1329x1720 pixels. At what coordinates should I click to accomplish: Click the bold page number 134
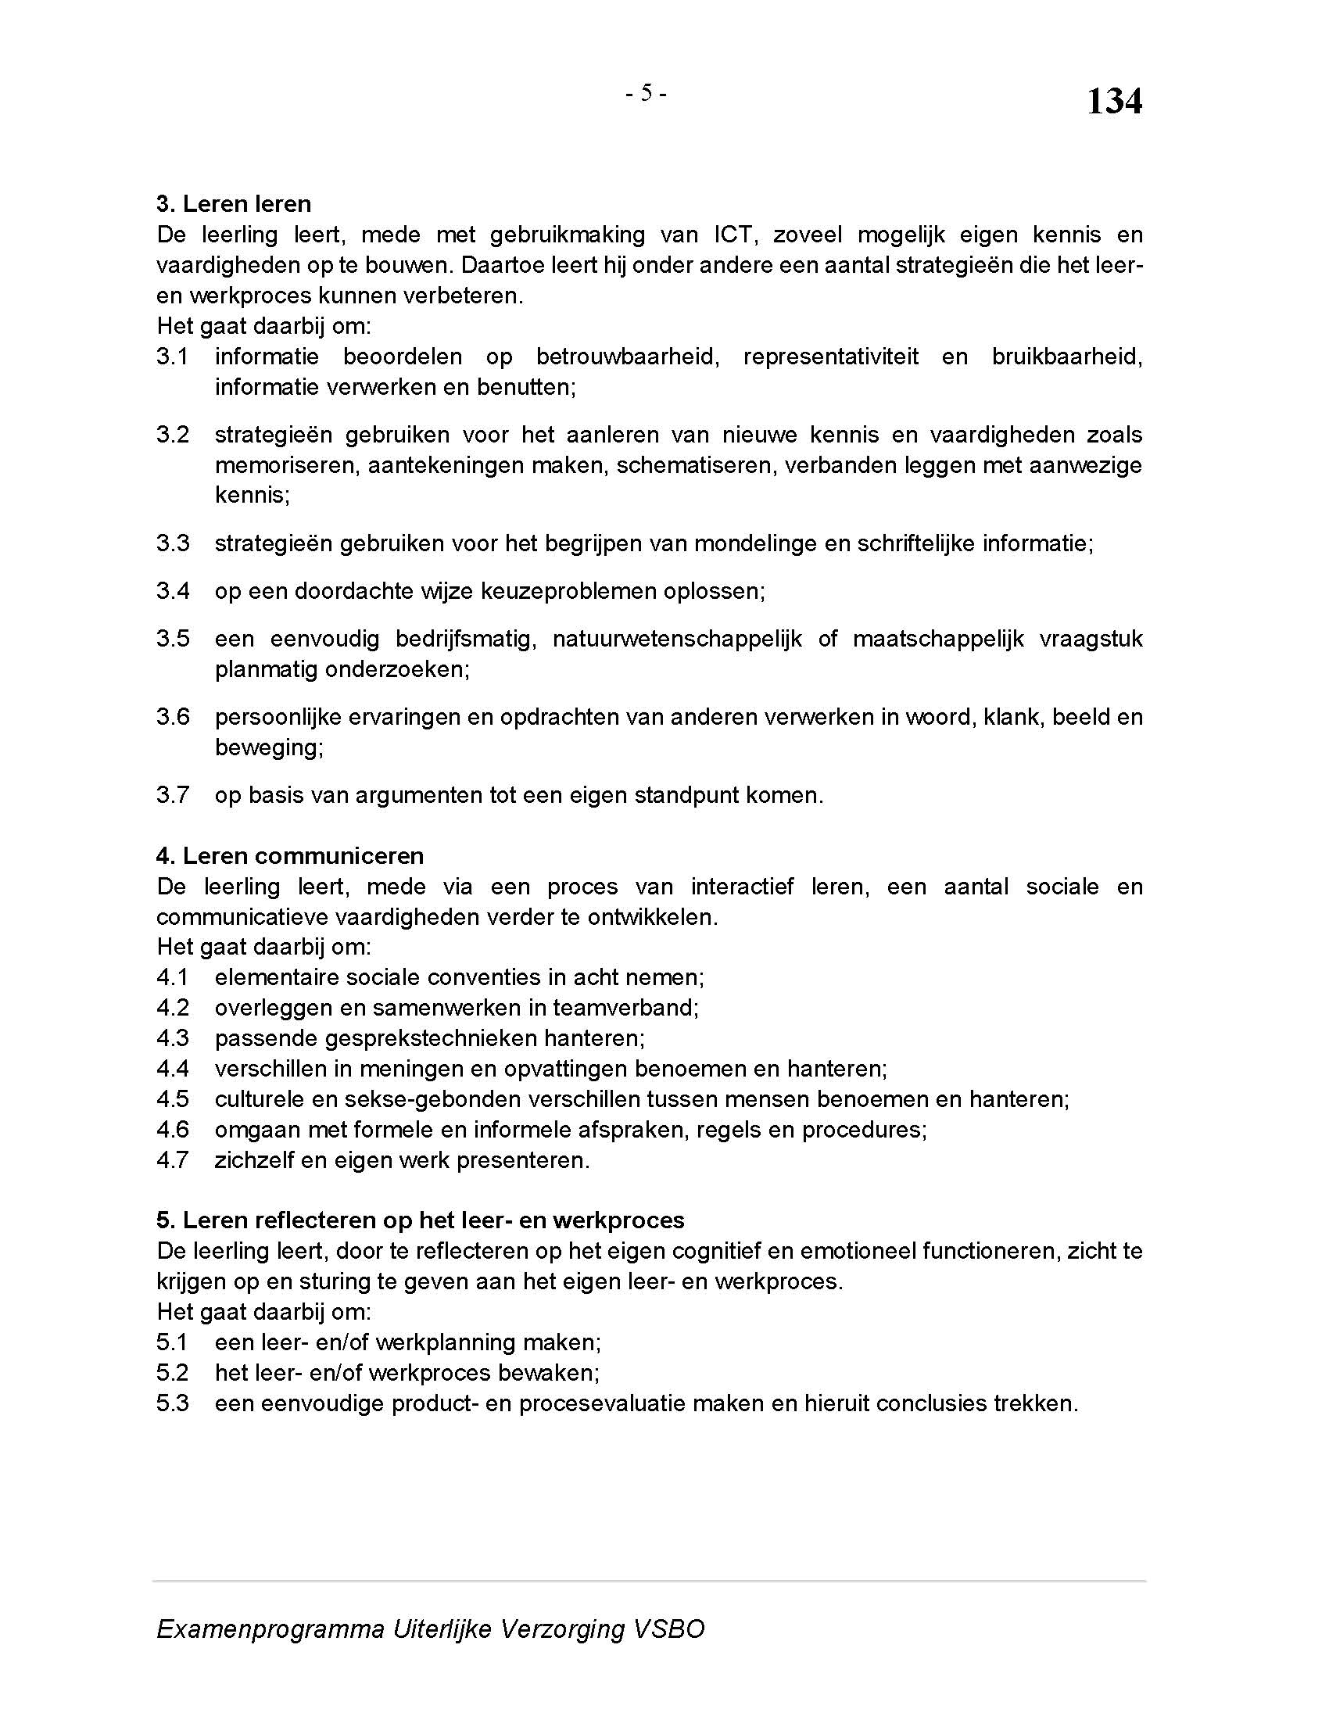coord(1113,102)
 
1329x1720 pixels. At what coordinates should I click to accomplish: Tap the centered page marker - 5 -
coord(646,94)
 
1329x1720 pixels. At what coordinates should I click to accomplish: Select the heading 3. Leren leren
coord(234,204)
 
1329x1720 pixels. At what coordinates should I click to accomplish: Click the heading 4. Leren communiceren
coord(290,856)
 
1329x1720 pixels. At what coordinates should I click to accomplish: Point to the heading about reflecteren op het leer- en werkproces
coord(421,1220)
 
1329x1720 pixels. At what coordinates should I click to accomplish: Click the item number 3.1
coord(173,357)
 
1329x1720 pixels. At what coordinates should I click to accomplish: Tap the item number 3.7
coord(173,794)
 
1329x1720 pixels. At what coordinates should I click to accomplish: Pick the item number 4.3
coord(173,1038)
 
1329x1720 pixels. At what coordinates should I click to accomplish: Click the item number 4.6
coord(173,1130)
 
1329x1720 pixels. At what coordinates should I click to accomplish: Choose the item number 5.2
coord(173,1373)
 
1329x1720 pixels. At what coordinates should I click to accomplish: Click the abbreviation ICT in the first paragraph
coord(733,235)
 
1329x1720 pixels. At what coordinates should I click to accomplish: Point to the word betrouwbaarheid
coord(628,357)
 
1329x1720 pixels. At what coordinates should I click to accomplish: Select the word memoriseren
coord(285,465)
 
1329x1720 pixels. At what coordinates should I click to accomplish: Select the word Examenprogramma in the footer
coord(270,1629)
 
